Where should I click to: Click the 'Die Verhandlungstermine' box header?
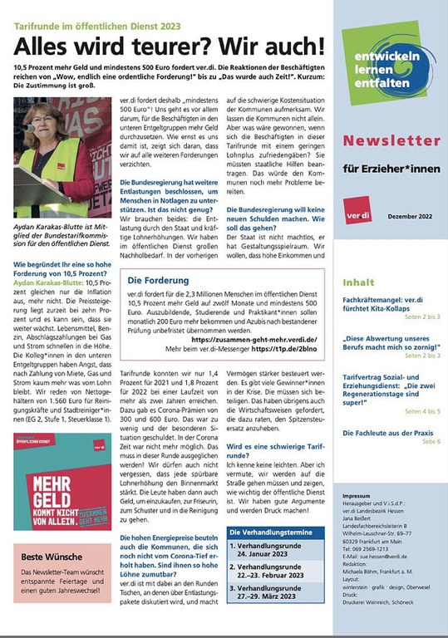(x=271, y=531)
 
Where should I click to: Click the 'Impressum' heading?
(x=357, y=494)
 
